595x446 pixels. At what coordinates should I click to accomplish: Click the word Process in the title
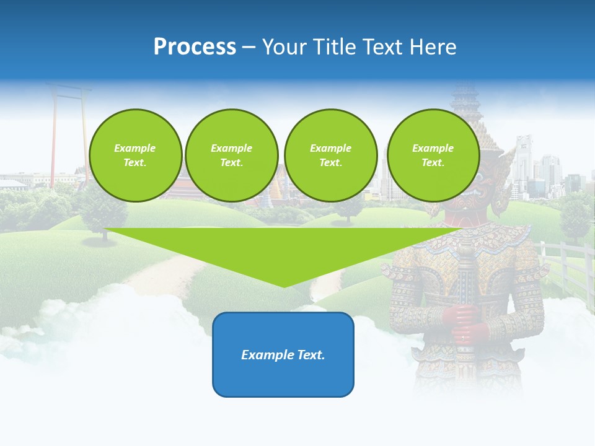click(195, 47)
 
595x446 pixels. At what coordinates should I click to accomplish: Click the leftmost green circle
click(135, 155)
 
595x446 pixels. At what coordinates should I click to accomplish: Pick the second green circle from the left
click(231, 155)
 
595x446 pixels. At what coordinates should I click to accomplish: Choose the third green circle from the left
click(330, 155)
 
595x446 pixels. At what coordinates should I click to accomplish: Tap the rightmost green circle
click(433, 155)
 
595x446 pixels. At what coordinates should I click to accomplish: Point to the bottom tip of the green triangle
click(284, 287)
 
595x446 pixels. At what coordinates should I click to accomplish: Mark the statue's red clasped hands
click(462, 322)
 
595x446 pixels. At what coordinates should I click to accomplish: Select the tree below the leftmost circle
click(99, 214)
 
